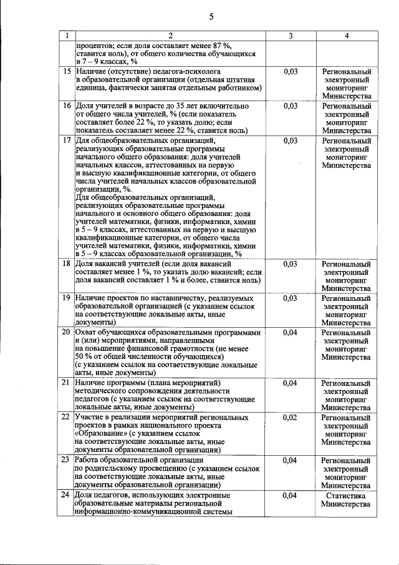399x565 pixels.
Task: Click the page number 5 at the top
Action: (211, 17)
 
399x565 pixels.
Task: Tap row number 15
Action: (65, 72)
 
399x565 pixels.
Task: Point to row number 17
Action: (65, 141)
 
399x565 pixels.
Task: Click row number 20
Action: (65, 333)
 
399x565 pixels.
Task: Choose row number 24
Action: (65, 496)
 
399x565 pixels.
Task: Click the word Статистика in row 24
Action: (346, 496)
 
